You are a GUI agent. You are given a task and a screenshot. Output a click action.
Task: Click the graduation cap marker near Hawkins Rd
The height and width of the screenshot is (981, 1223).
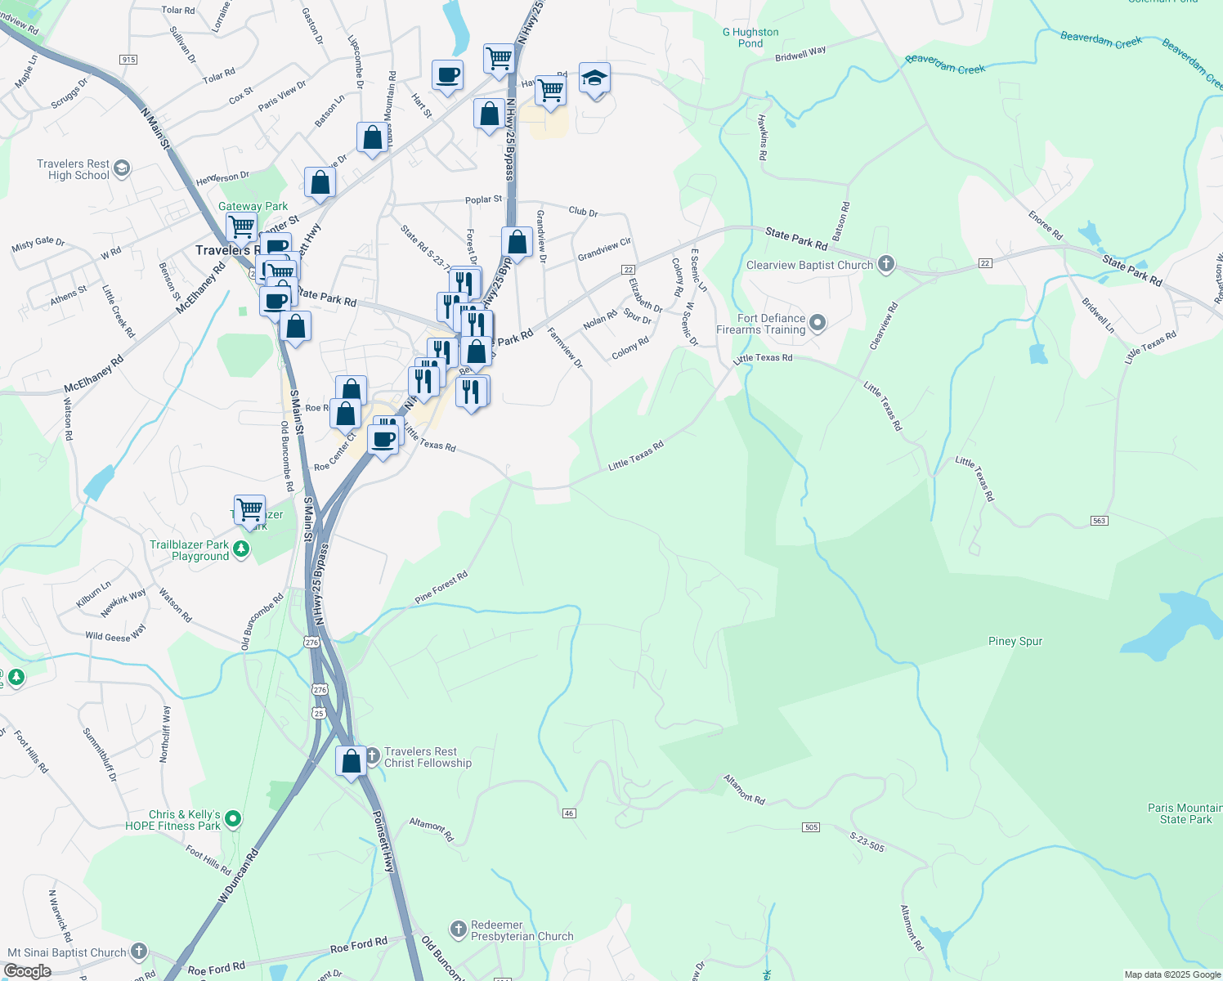click(594, 78)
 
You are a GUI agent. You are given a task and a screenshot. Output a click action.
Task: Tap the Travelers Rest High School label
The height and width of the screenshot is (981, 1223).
click(73, 169)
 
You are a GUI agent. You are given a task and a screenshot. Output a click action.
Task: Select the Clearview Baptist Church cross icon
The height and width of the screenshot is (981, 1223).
click(886, 264)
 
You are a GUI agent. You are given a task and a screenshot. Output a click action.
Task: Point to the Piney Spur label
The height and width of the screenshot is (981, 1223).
click(1015, 641)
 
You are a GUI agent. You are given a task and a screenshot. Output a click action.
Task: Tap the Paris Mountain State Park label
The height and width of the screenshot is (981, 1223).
click(1185, 813)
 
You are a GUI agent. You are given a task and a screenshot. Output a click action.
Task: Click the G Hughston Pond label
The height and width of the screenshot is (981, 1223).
click(750, 38)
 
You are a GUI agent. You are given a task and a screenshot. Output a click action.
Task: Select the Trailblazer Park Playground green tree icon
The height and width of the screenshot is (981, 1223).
click(241, 549)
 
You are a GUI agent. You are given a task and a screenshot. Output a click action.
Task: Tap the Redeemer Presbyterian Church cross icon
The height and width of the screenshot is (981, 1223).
click(458, 929)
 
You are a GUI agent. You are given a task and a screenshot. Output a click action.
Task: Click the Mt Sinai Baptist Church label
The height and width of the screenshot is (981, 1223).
click(67, 952)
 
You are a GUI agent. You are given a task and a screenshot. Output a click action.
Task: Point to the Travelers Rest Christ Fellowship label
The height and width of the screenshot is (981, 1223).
click(428, 757)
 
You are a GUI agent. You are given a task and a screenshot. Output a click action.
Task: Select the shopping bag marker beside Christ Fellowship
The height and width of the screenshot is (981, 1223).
click(352, 761)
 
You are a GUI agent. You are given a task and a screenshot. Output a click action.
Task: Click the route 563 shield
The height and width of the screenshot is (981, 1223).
click(1099, 521)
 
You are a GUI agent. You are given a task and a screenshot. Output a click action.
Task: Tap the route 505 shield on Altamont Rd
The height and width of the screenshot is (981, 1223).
click(811, 827)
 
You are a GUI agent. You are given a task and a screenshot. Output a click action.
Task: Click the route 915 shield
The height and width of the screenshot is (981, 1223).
click(128, 60)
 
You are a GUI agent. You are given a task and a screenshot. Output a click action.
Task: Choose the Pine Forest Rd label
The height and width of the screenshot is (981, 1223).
click(441, 587)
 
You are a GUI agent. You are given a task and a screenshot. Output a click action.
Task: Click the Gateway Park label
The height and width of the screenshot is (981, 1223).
click(253, 207)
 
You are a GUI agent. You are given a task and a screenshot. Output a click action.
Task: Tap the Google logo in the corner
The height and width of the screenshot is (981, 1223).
click(27, 971)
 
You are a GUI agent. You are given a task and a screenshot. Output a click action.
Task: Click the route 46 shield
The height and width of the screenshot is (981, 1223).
click(570, 813)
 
